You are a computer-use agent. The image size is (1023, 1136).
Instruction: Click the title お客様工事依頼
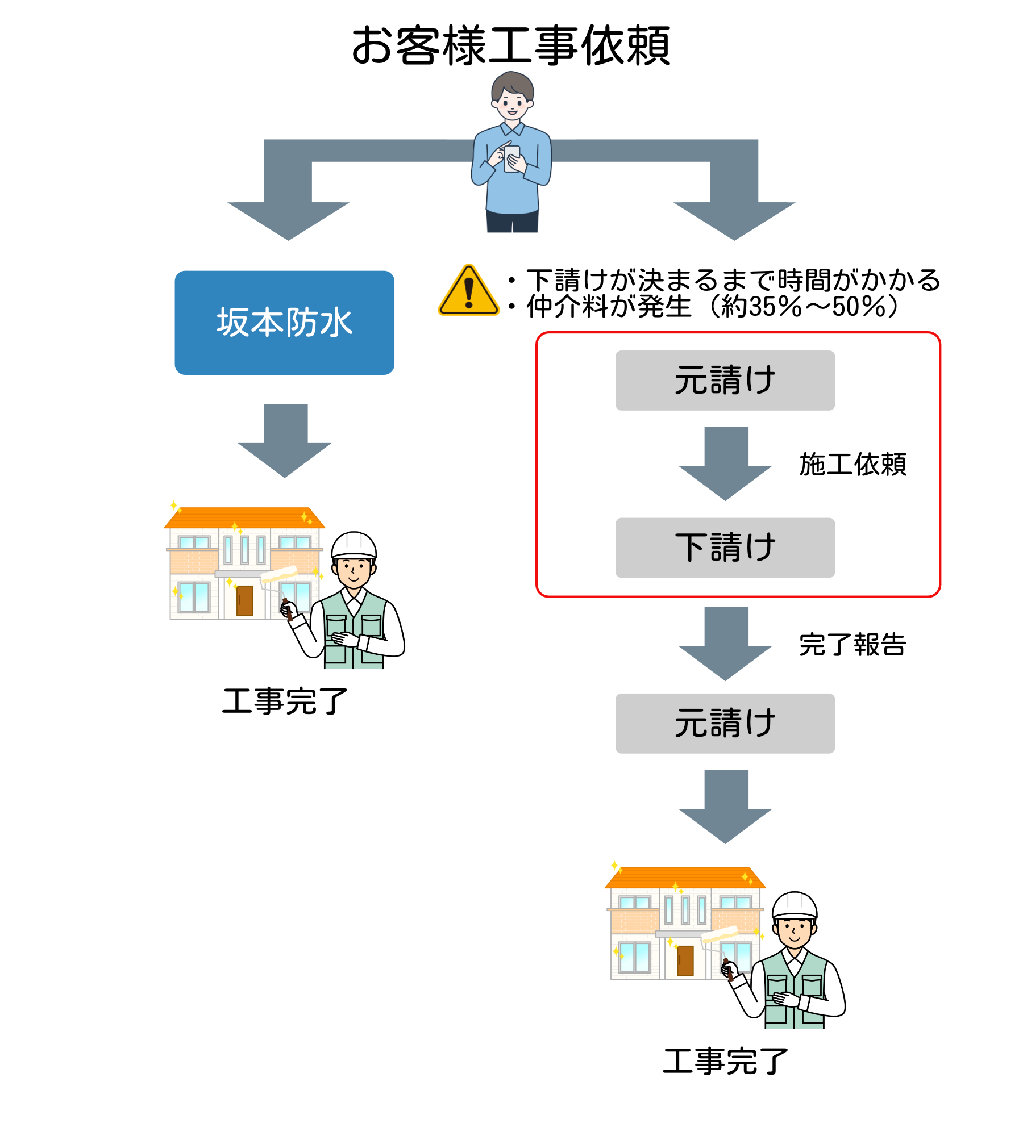tap(511, 45)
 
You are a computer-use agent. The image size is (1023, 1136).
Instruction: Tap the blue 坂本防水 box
tap(284, 323)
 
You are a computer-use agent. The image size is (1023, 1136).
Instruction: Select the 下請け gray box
tap(725, 548)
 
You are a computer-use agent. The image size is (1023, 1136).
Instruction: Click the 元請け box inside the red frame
tap(725, 380)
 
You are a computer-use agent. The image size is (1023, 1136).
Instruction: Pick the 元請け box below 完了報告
tap(725, 723)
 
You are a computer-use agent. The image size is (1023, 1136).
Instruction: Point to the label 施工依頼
tap(852, 465)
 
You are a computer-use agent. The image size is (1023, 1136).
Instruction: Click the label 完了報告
tap(852, 645)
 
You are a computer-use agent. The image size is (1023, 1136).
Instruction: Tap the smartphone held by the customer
tap(513, 158)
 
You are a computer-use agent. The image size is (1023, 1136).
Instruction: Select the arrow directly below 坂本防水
tap(285, 440)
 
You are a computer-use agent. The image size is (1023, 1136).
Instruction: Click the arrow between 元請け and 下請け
tap(725, 463)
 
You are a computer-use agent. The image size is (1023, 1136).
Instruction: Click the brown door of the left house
tap(244, 600)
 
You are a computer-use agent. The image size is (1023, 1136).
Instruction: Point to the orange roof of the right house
tap(684, 878)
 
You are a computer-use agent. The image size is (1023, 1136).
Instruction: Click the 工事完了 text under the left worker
tap(284, 701)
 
